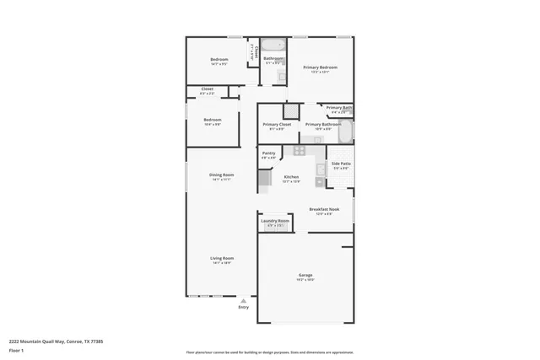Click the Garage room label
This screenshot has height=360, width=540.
(305, 276)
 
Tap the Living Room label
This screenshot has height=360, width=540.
(222, 258)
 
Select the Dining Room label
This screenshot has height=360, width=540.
(222, 175)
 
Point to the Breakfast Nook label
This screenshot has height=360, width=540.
(324, 208)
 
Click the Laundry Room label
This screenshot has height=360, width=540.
(275, 221)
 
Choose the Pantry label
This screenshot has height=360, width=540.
(268, 153)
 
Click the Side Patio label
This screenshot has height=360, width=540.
(340, 164)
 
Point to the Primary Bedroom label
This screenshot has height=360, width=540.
(321, 67)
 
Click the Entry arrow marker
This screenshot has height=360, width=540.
(244, 300)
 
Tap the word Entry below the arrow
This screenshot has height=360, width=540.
(244, 308)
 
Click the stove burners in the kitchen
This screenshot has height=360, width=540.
(299, 150)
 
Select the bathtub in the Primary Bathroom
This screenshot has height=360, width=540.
(345, 132)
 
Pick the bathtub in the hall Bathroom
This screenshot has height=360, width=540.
(272, 46)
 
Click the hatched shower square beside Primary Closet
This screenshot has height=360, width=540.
(290, 110)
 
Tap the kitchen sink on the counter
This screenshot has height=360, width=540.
(320, 170)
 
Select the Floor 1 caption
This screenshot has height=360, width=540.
(16, 350)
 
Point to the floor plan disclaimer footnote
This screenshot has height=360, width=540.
(269, 352)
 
